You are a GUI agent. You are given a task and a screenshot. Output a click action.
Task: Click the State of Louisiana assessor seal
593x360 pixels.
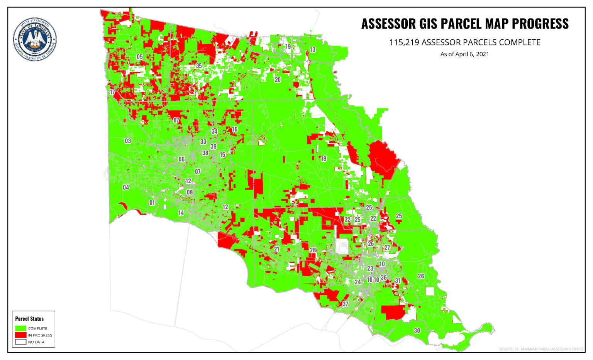click(x=35, y=39)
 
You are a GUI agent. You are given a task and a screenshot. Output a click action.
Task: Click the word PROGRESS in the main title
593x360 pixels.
click(x=540, y=24)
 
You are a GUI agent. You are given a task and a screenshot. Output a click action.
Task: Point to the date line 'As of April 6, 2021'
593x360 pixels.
click(x=464, y=54)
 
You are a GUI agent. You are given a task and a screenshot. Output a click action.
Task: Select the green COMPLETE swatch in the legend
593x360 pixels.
click(x=21, y=328)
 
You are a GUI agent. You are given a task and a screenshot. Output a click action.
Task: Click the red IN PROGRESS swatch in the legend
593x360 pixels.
click(x=21, y=335)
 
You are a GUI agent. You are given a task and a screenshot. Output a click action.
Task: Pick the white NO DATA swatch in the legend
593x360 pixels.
click(x=21, y=342)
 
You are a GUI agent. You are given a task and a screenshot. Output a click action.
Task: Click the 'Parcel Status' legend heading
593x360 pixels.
click(x=29, y=319)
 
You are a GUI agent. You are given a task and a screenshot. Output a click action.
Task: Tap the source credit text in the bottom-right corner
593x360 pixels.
click(x=541, y=349)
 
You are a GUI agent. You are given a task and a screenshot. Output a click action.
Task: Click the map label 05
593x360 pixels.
click(x=139, y=57)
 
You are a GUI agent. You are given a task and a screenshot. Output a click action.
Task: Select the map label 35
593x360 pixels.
click(x=198, y=66)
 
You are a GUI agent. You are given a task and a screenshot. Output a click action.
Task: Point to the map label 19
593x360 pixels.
click(x=288, y=47)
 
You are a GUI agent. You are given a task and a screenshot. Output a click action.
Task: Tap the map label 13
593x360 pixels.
click(x=312, y=49)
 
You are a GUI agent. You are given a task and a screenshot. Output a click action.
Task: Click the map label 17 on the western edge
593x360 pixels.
click(x=112, y=92)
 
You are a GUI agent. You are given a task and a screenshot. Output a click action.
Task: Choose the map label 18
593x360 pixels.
click(x=324, y=159)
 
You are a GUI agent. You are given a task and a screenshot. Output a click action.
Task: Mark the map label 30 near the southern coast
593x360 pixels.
click(x=417, y=331)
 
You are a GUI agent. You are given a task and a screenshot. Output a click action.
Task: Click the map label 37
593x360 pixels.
click(x=345, y=304)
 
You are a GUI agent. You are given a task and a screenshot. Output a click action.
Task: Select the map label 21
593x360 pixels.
click(x=276, y=250)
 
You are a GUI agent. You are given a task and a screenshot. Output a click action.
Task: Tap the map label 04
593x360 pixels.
click(x=126, y=188)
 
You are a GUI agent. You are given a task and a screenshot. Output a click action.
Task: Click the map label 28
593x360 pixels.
click(x=313, y=250)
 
